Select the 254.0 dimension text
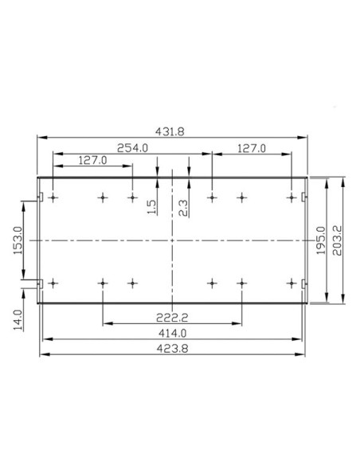click(x=132, y=148)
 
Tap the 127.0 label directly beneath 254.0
click(x=93, y=160)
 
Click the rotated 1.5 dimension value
click(x=152, y=207)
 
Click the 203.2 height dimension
click(x=338, y=240)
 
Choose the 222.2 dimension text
click(x=172, y=318)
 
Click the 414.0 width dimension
click(x=171, y=333)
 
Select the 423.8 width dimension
click(x=171, y=347)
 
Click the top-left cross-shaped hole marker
click(x=53, y=197)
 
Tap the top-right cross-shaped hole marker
click(x=291, y=197)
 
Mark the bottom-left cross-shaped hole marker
click(x=53, y=283)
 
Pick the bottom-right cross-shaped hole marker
click(x=291, y=283)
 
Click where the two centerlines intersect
click(x=171, y=240)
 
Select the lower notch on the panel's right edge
click(x=304, y=283)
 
